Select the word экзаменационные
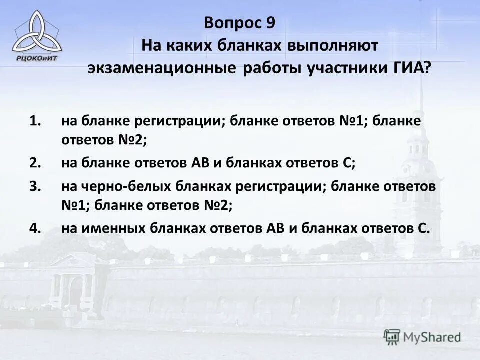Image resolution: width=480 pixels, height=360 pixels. click(x=162, y=69)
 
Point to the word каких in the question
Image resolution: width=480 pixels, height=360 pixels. click(x=190, y=46)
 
